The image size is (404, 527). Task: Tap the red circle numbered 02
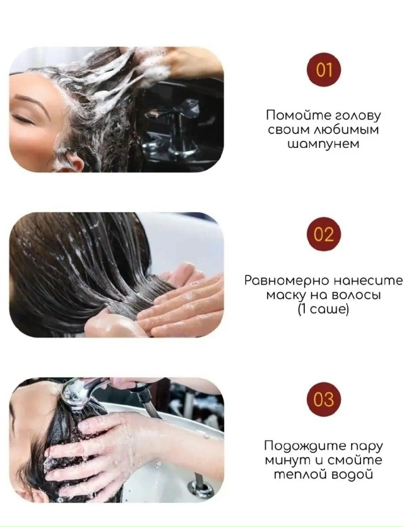click(324, 235)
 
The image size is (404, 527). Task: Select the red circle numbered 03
click(324, 400)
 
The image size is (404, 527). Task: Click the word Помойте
click(292, 116)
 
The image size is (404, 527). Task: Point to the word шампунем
click(323, 144)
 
